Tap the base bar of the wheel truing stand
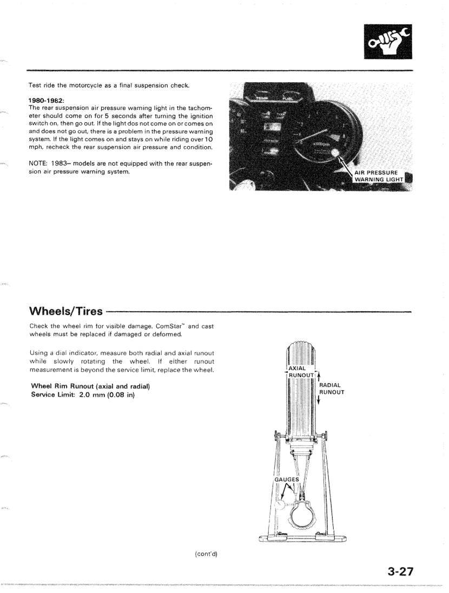tap(303, 537)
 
